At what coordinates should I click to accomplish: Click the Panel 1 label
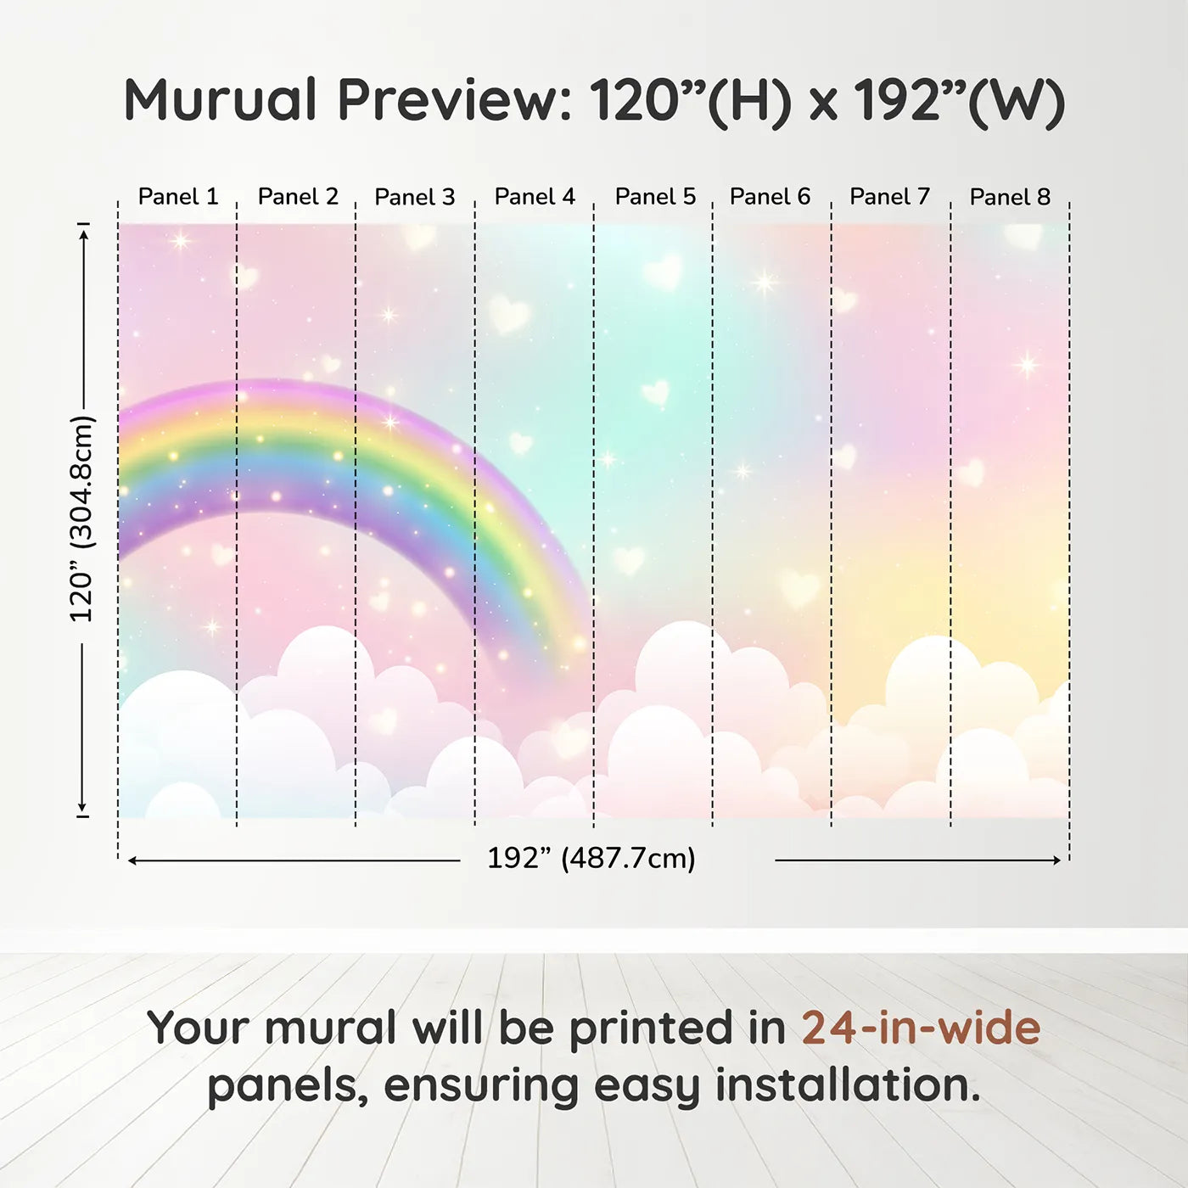(178, 197)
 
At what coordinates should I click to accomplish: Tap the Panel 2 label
(298, 197)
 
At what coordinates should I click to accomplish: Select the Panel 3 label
(415, 197)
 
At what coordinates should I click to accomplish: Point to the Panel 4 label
(535, 197)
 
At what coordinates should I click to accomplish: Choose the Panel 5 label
(655, 197)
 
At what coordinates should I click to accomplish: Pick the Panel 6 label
(770, 197)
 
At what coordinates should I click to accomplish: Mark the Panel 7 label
(889, 197)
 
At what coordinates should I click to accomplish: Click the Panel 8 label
(1010, 197)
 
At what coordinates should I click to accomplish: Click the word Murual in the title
(221, 99)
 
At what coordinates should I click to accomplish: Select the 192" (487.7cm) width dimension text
(591, 858)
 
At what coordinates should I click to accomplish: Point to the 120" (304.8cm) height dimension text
(82, 518)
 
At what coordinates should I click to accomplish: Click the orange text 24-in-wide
(921, 1028)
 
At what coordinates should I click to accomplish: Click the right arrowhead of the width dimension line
(1056, 860)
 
